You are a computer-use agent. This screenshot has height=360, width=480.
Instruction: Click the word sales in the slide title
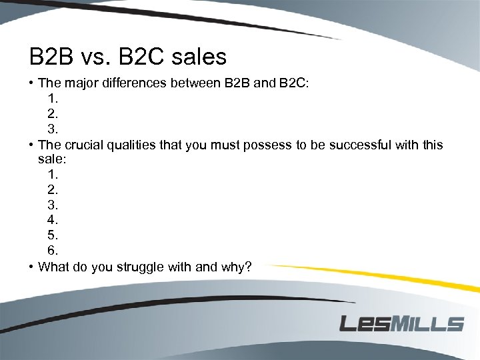pos(199,57)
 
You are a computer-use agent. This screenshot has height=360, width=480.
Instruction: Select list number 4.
pos(53,219)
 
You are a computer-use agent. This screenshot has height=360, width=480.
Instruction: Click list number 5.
pos(53,235)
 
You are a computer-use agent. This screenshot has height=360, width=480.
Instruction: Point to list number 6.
pos(53,250)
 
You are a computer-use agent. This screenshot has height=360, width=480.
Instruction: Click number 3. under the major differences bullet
pos(53,129)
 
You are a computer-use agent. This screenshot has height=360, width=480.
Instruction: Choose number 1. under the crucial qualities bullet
pos(53,174)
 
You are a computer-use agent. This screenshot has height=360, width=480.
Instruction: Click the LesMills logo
pos(401,324)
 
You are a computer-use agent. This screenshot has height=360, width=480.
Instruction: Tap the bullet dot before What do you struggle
pos(31,267)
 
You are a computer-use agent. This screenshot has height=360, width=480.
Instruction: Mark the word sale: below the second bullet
pos(52,160)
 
